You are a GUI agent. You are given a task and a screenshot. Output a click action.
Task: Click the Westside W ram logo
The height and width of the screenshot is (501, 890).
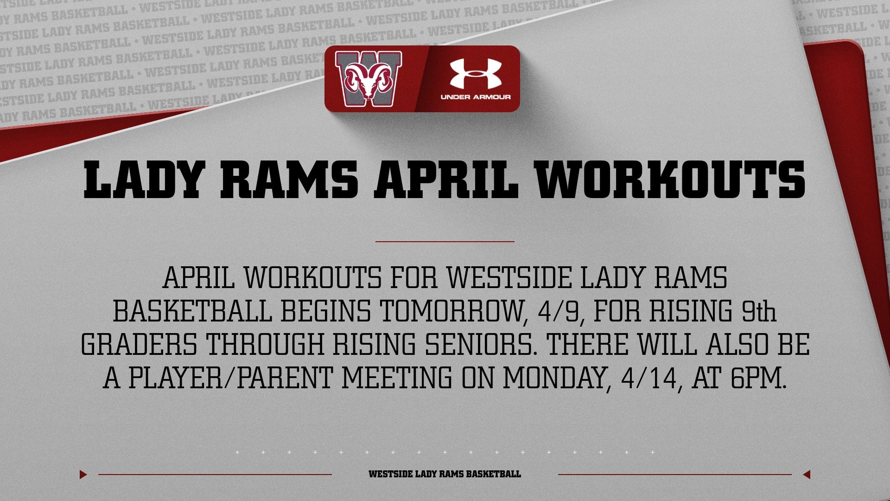(369, 75)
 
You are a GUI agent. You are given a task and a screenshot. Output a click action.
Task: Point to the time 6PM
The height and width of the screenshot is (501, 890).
(758, 379)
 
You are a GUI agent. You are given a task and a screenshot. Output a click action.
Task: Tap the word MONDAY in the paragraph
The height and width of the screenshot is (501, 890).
(556, 379)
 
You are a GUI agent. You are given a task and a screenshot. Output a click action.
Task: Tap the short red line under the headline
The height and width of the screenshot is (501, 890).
(445, 242)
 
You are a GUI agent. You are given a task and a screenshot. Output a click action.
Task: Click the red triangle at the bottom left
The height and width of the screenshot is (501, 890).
(83, 475)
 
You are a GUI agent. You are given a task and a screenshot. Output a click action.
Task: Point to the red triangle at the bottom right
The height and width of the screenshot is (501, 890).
(807, 475)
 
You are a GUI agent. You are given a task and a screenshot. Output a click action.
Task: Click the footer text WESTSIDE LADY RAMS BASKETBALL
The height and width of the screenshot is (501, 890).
(445, 475)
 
